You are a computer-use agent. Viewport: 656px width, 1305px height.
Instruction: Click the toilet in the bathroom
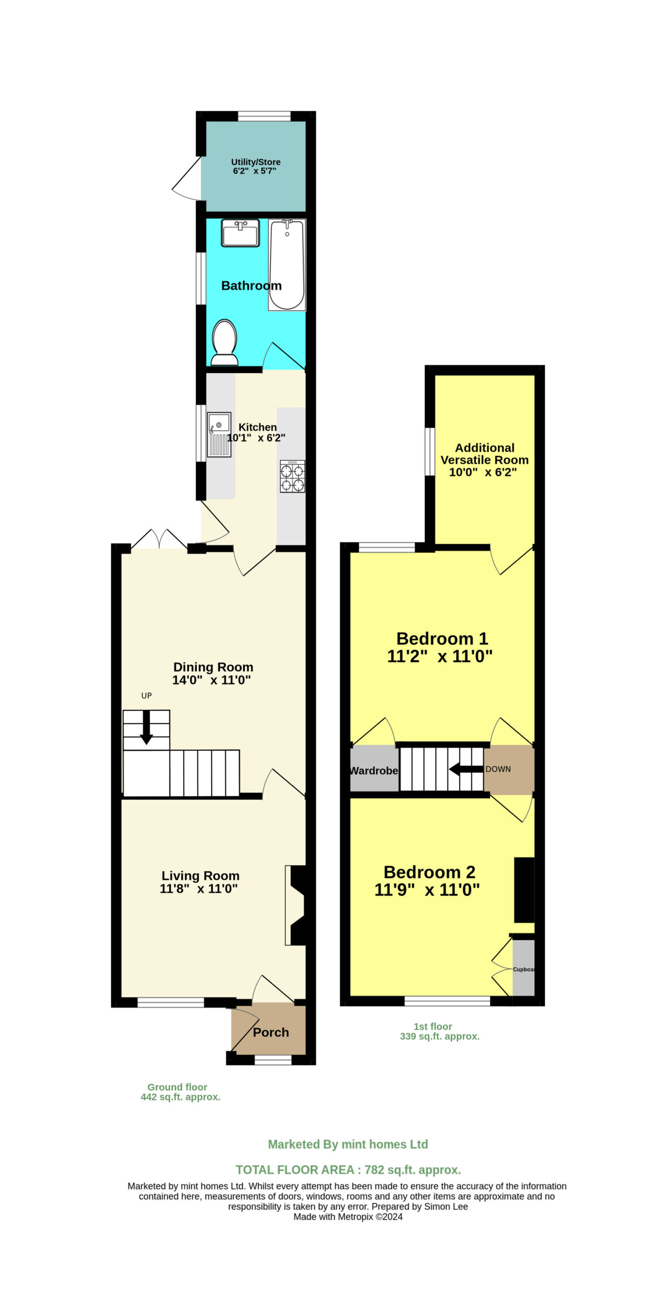coord(224,343)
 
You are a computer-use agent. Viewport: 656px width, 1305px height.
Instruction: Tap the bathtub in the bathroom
coord(287,265)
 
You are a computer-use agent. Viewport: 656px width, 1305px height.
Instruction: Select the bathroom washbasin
coord(240,233)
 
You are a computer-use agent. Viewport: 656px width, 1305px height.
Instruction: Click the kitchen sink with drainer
coord(219,434)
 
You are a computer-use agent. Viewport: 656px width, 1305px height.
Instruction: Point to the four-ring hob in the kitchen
coord(293,476)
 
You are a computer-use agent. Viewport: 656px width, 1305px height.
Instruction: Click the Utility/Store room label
coord(256,162)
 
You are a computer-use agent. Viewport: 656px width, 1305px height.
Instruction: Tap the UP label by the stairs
coord(146,696)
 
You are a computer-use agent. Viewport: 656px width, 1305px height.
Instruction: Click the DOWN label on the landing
coord(498,769)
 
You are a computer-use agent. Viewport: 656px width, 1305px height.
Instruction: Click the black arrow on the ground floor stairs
coord(146,727)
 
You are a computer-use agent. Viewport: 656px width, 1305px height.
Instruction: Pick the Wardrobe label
coord(374,771)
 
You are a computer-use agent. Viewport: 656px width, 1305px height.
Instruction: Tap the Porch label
coord(271,1032)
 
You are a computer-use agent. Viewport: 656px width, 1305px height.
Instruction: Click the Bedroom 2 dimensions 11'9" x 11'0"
coord(427,890)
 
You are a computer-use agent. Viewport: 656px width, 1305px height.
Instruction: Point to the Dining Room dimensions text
coord(212,680)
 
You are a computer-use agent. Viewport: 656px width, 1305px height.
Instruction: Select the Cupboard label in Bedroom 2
coord(524,969)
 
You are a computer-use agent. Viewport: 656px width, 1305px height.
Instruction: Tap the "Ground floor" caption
coord(177,1087)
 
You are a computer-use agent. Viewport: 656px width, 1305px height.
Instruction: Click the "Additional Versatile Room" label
coord(485,454)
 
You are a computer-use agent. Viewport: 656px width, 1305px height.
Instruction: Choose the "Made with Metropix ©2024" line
coord(348,1217)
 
